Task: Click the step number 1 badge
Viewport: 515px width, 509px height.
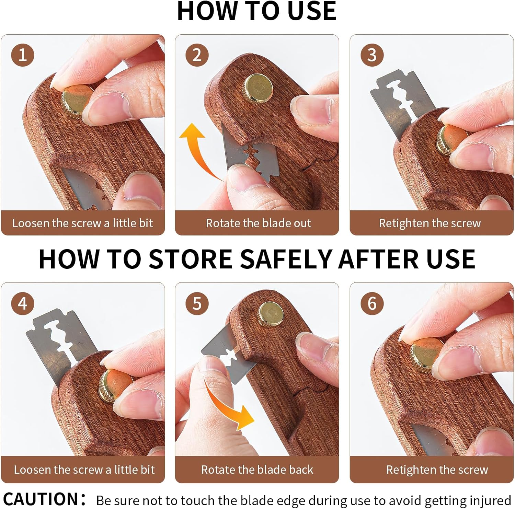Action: tap(23, 55)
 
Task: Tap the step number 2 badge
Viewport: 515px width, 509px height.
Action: tap(197, 55)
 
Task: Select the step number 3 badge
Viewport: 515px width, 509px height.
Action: tap(372, 55)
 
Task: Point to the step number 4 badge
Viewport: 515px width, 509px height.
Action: tap(23, 303)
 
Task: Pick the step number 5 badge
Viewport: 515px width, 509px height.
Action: tap(197, 303)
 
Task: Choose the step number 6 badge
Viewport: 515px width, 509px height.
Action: tap(372, 303)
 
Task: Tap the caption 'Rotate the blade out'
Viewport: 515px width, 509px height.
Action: tap(258, 223)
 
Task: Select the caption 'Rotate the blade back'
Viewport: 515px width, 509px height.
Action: tap(257, 470)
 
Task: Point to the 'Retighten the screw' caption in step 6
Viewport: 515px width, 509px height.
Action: tap(437, 470)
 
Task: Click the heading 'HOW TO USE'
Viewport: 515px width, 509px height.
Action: tap(257, 11)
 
